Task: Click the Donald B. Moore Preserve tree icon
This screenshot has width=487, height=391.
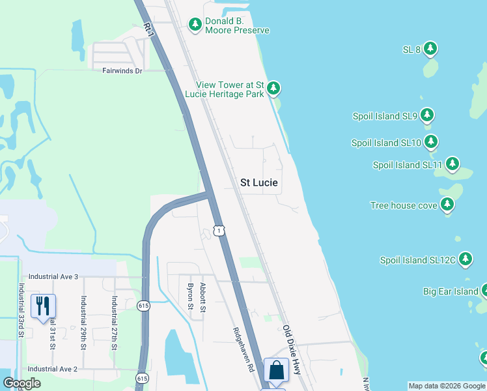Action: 195,24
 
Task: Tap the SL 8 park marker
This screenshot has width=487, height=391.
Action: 430,48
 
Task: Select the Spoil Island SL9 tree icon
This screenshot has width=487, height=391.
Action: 427,116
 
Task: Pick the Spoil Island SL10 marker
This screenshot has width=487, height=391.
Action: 431,141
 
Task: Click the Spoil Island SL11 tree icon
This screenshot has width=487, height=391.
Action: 452,164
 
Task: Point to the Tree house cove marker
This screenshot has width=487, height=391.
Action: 447,205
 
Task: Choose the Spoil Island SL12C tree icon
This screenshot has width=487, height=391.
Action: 465,259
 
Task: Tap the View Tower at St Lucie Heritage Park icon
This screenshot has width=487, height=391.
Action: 273,88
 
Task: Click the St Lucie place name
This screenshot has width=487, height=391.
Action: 259,183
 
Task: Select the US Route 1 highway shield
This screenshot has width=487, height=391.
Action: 219,231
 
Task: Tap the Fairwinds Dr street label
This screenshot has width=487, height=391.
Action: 122,70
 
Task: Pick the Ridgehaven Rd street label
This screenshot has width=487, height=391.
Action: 243,349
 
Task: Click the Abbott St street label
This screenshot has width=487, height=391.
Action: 203,297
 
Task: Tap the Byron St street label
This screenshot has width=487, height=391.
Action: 190,297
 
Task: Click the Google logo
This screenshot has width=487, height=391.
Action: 21,383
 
